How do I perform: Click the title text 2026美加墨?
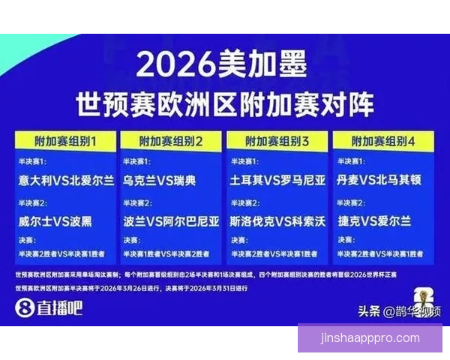(x=222, y=67)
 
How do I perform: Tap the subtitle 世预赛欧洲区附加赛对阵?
(x=224, y=102)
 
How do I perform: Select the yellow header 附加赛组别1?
(x=65, y=140)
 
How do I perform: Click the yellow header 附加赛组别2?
(x=172, y=140)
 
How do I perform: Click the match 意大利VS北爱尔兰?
(x=66, y=181)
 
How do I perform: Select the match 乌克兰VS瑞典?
(x=159, y=181)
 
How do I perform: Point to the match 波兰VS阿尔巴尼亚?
(x=172, y=221)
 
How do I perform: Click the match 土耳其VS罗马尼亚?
(x=278, y=181)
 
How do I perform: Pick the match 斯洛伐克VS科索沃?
(x=278, y=221)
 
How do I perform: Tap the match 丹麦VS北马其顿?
(x=382, y=181)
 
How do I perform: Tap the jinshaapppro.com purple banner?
(x=370, y=337)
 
